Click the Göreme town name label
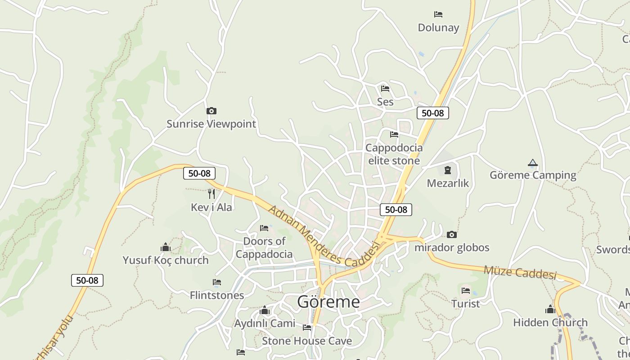point(328,302)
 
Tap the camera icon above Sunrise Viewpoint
point(211,111)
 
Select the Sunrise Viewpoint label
point(211,124)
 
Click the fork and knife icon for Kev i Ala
point(211,194)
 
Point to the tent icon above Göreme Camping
point(533,162)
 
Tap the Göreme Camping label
point(533,175)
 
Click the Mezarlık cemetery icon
point(448,170)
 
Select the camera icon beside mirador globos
point(451,234)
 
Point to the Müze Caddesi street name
point(520,272)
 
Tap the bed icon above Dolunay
point(438,14)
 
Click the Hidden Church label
point(550,322)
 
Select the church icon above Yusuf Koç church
point(166,247)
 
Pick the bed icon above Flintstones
point(216,282)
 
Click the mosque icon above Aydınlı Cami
point(265,310)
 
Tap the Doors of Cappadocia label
point(264,247)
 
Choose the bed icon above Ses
point(385,89)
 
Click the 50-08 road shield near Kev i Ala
point(199,173)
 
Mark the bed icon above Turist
point(466,291)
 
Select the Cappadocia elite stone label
point(394,154)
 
